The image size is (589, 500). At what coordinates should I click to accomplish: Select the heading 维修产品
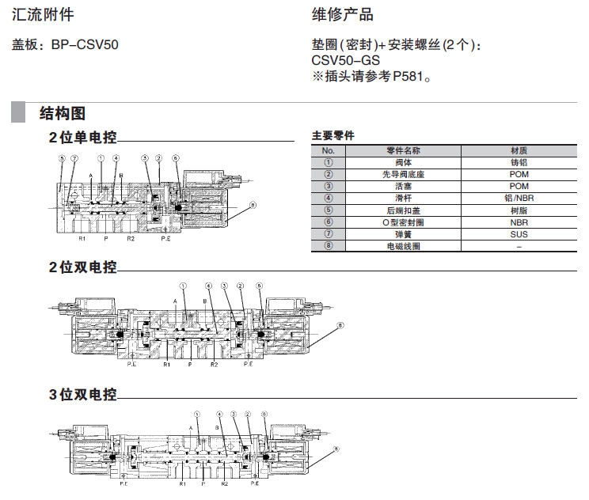(x=342, y=15)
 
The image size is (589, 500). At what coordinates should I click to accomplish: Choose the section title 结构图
(x=63, y=113)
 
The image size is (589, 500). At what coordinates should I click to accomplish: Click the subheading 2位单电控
(x=82, y=137)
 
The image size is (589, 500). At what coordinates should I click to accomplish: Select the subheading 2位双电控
(x=82, y=267)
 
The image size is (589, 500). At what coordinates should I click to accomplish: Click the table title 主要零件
(x=332, y=135)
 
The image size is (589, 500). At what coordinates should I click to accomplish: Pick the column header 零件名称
(x=404, y=150)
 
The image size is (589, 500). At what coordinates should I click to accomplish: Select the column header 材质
(x=519, y=150)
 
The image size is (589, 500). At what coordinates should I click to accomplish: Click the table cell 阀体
(x=404, y=162)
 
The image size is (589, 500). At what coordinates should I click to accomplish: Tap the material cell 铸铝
(x=519, y=162)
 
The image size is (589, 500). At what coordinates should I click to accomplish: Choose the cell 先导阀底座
(x=404, y=174)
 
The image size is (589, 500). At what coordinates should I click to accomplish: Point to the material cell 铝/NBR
(x=519, y=198)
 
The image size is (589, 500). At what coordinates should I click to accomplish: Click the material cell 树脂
(x=519, y=210)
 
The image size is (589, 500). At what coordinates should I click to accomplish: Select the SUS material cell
(x=519, y=234)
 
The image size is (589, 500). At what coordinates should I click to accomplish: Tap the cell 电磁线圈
(x=404, y=246)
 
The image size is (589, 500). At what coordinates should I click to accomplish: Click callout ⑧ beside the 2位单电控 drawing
(x=252, y=205)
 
